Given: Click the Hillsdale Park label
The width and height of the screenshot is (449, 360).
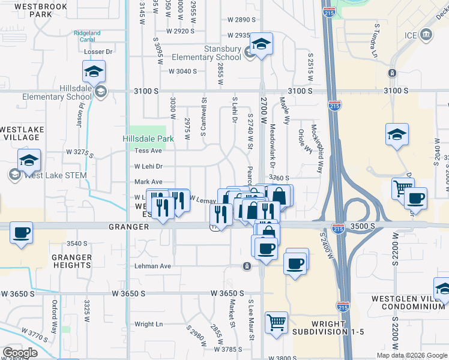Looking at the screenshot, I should pyautogui.click(x=148, y=139).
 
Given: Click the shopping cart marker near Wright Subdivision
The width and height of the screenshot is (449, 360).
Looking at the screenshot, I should pyautogui.click(x=276, y=323).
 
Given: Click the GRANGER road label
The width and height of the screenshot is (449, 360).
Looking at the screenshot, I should pyautogui.click(x=128, y=227).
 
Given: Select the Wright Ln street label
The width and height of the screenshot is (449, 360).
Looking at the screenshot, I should pyautogui.click(x=149, y=324).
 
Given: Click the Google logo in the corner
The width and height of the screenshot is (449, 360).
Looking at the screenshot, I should pyautogui.click(x=20, y=353).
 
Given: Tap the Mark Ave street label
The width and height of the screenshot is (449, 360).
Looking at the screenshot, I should pyautogui.click(x=148, y=182).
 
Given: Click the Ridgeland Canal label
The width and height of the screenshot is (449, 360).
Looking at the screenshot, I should pyautogui.click(x=87, y=37).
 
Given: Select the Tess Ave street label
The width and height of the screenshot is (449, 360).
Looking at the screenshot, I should pyautogui.click(x=148, y=151).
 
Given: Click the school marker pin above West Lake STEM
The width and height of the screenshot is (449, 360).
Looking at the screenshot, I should pyautogui.click(x=29, y=160).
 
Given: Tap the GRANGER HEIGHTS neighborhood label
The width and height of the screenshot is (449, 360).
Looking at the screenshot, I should pyautogui.click(x=72, y=262).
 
